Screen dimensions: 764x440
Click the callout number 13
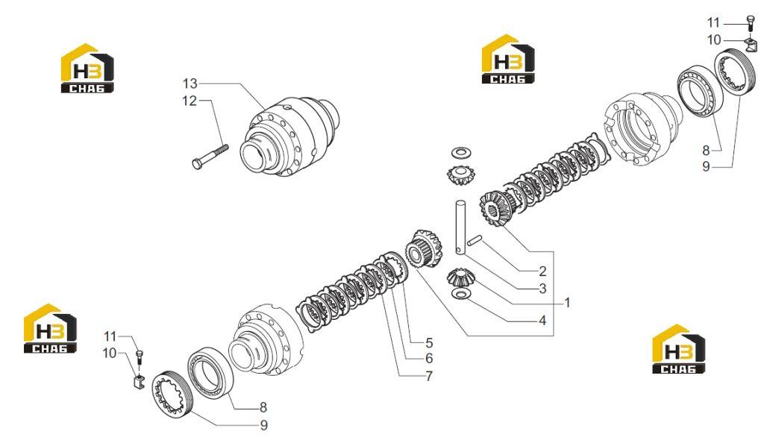[x=190, y=84]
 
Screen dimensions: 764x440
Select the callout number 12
[x=190, y=101]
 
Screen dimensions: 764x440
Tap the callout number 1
[x=567, y=303]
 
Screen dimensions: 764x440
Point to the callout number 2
[x=543, y=271]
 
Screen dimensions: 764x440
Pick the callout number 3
[x=543, y=289]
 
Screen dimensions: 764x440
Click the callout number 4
[x=543, y=321]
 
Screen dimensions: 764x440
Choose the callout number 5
[x=429, y=342]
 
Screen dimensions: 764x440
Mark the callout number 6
[x=429, y=358]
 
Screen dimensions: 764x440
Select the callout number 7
[x=429, y=376]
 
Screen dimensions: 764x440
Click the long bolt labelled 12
[x=210, y=156]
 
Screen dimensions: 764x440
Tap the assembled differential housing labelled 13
[x=291, y=136]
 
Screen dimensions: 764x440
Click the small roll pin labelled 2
[x=475, y=239]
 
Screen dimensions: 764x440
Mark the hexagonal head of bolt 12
[x=196, y=164]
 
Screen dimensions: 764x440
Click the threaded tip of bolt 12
[x=224, y=147]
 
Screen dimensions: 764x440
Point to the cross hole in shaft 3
[x=460, y=250]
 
